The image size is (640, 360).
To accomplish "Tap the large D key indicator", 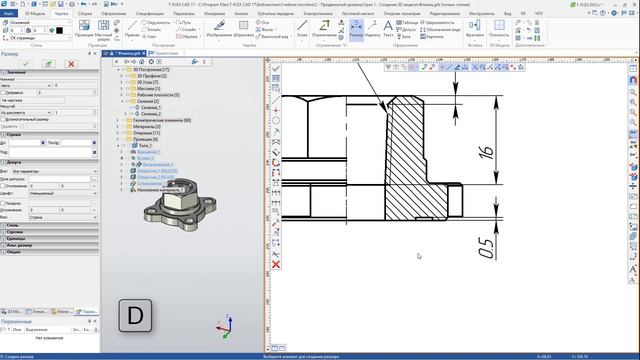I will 136,318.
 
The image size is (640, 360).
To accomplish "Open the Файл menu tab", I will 9,13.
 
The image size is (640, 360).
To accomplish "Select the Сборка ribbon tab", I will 85,13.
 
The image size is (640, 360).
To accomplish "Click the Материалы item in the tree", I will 145,127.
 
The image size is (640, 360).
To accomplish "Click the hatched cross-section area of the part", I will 403,150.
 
